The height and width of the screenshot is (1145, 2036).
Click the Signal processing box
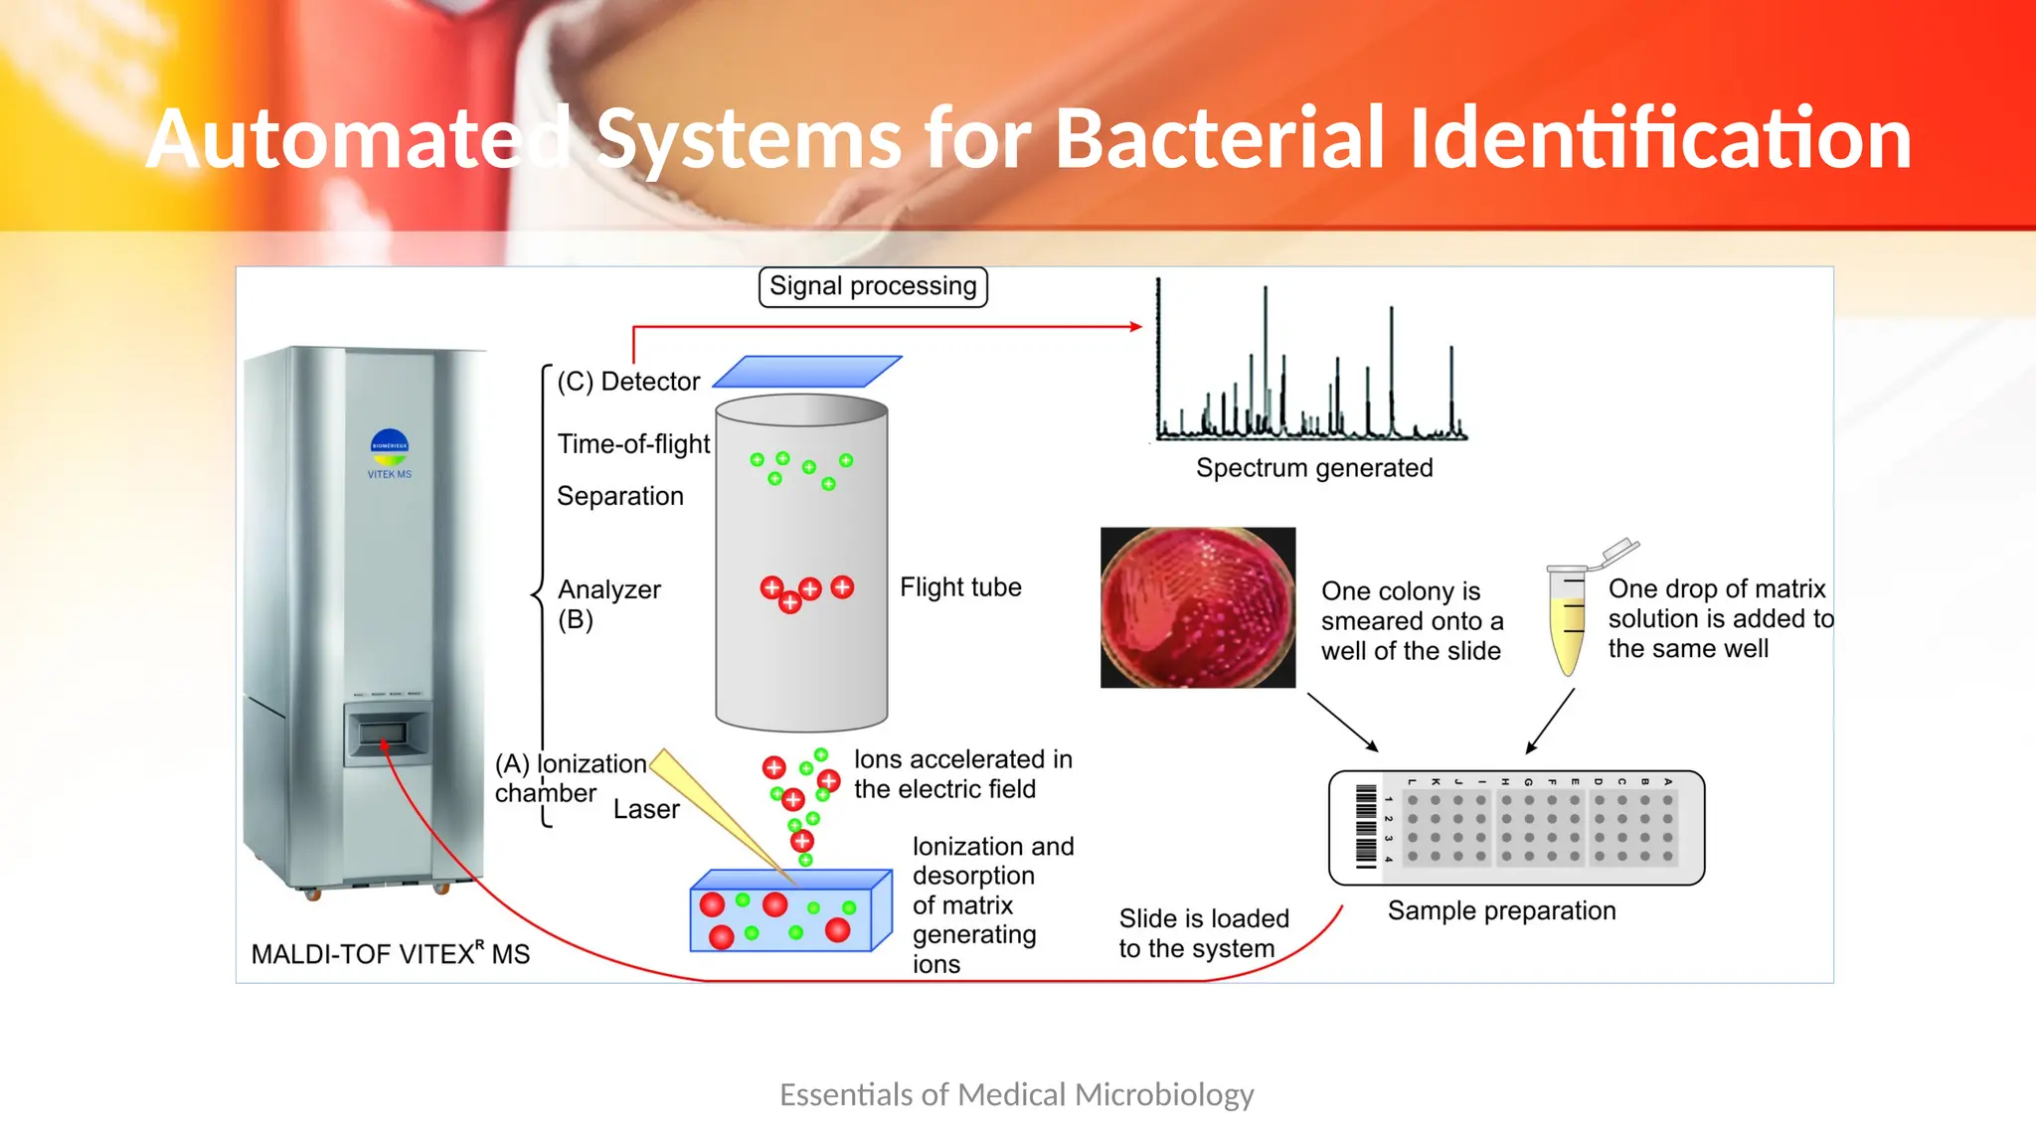click(873, 286)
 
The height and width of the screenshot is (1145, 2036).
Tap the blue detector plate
click(807, 372)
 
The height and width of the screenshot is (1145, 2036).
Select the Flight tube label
click(960, 587)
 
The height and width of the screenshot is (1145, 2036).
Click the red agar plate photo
click(1198, 607)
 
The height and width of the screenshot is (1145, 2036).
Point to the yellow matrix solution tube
click(1568, 621)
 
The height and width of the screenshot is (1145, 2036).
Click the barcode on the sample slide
click(1367, 827)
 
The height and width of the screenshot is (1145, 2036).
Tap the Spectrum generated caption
click(1314, 468)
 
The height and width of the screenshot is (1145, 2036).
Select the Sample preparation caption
click(1501, 910)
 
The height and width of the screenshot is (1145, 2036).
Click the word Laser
click(646, 809)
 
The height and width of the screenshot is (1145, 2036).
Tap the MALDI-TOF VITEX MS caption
click(390, 954)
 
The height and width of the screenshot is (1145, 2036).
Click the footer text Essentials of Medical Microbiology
click(1016, 1094)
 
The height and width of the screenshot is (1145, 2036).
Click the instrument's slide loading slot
click(383, 734)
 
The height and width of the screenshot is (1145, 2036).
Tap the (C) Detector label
click(628, 382)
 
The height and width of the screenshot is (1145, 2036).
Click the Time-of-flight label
click(633, 444)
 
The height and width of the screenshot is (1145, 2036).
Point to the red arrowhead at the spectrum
click(1136, 326)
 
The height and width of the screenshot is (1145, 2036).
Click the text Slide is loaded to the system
click(1203, 933)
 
